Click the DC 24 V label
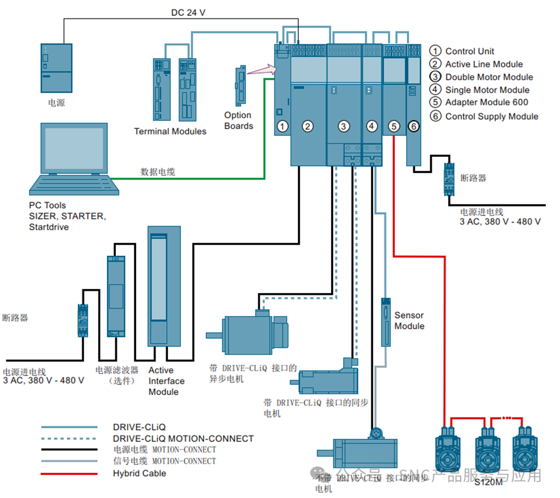tap(188, 12)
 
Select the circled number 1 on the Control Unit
tap(283, 126)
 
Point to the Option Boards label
tap(238, 121)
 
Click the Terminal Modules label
tap(170, 131)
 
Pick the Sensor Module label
tap(409, 321)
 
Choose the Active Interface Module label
tap(166, 381)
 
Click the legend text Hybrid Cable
tap(140, 473)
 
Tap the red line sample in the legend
tap(69, 474)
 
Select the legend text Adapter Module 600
tap(487, 102)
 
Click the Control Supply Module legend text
tap(491, 116)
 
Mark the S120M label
tap(488, 483)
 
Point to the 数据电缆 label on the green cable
tap(157, 172)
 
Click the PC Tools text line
tap(47, 205)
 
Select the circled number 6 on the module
tap(414, 126)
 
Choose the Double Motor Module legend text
tap(489, 77)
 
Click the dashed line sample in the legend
tap(69, 439)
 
